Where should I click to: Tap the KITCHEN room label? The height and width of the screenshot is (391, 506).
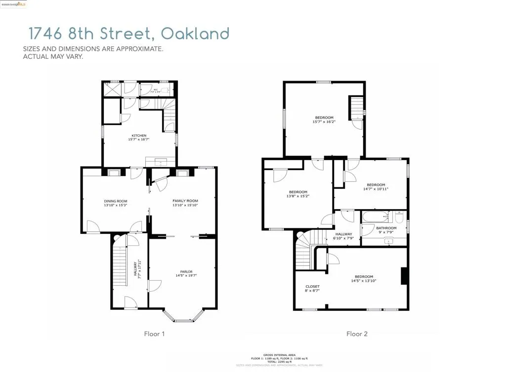[x=139, y=135]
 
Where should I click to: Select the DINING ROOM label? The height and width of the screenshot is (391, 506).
[x=116, y=201]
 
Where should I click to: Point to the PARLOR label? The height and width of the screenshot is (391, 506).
[x=186, y=271]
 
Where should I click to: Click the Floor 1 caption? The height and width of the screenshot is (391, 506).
[x=154, y=334]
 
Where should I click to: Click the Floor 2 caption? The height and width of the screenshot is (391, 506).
[x=357, y=334]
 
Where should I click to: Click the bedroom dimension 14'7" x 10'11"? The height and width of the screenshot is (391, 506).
[x=376, y=189]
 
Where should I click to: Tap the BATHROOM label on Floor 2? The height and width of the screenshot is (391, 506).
[x=386, y=228]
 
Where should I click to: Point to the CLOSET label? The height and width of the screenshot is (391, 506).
[x=312, y=287]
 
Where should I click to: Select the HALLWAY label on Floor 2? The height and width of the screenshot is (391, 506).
[x=343, y=234]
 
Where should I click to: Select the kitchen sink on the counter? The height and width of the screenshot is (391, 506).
[x=161, y=162]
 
